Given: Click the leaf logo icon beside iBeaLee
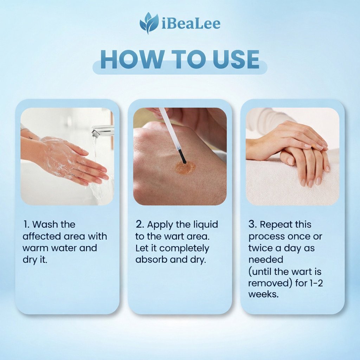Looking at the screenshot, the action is pyautogui.click(x=149, y=23).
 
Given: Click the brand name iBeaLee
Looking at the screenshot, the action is pyautogui.click(x=191, y=23).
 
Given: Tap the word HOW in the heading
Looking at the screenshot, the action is pyautogui.click(x=132, y=59).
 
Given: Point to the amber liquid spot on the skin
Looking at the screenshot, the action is pyautogui.click(x=185, y=167).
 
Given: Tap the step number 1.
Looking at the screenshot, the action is pyautogui.click(x=26, y=224).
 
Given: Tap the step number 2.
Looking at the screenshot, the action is pyautogui.click(x=140, y=224).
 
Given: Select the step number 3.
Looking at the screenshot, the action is pyautogui.click(x=252, y=224).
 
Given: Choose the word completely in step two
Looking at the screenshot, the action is pyautogui.click(x=184, y=249).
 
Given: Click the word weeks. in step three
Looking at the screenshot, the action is pyautogui.click(x=264, y=295).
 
